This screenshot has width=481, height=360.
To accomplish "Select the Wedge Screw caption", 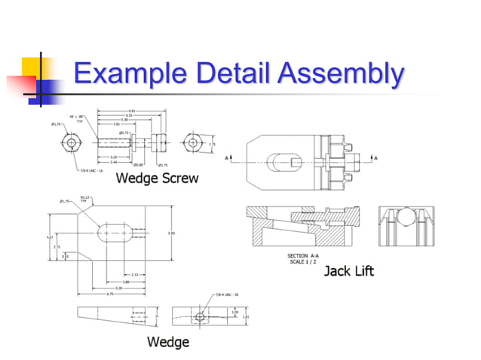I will point(157,178).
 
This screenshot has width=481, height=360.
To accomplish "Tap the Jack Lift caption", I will point(349,270).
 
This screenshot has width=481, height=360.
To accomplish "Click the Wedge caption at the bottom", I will point(167,343).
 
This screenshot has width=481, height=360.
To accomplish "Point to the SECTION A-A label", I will point(302,255).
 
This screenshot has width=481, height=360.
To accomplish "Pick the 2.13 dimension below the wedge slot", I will point(133,274).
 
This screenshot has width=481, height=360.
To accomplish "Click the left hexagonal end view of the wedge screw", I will point(71,142).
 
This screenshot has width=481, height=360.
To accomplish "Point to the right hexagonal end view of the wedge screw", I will point(193,143).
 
